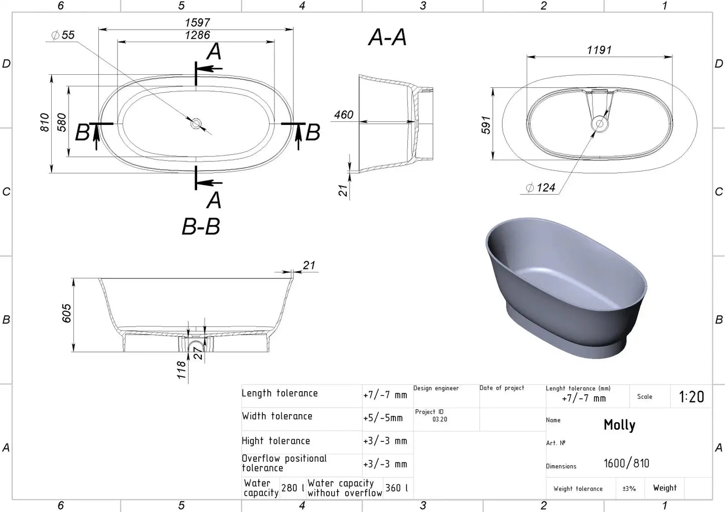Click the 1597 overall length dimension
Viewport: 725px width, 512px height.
(x=198, y=23)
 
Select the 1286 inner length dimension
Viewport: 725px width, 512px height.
(x=198, y=35)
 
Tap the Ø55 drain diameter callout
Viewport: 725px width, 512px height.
(x=63, y=35)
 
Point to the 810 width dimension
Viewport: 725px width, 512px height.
(x=45, y=122)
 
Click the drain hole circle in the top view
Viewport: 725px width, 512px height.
(x=196, y=123)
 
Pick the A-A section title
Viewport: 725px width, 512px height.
(x=387, y=37)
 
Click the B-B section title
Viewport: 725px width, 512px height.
(x=201, y=226)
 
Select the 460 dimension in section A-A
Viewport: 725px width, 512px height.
(x=344, y=115)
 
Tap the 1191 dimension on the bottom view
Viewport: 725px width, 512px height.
(x=600, y=50)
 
